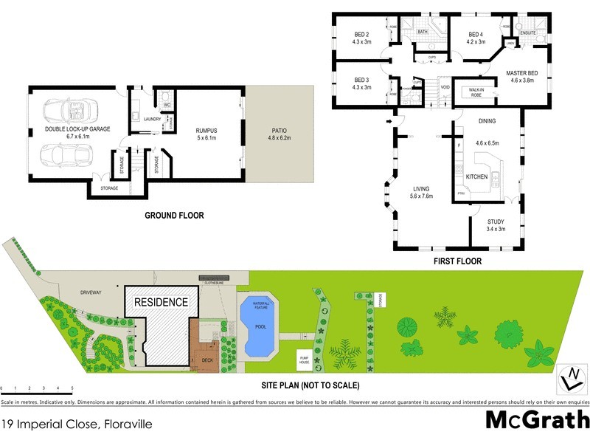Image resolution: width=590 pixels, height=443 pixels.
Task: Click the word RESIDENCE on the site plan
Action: [x=161, y=303]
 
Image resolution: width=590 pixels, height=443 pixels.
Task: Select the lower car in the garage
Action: [x=68, y=157]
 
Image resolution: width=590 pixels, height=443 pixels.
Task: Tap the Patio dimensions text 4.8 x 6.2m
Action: [x=279, y=138]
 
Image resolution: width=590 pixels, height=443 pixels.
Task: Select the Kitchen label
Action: [x=476, y=177]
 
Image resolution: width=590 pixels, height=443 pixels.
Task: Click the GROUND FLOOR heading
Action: [x=174, y=216]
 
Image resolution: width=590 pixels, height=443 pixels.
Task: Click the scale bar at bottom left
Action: [x=37, y=388]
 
